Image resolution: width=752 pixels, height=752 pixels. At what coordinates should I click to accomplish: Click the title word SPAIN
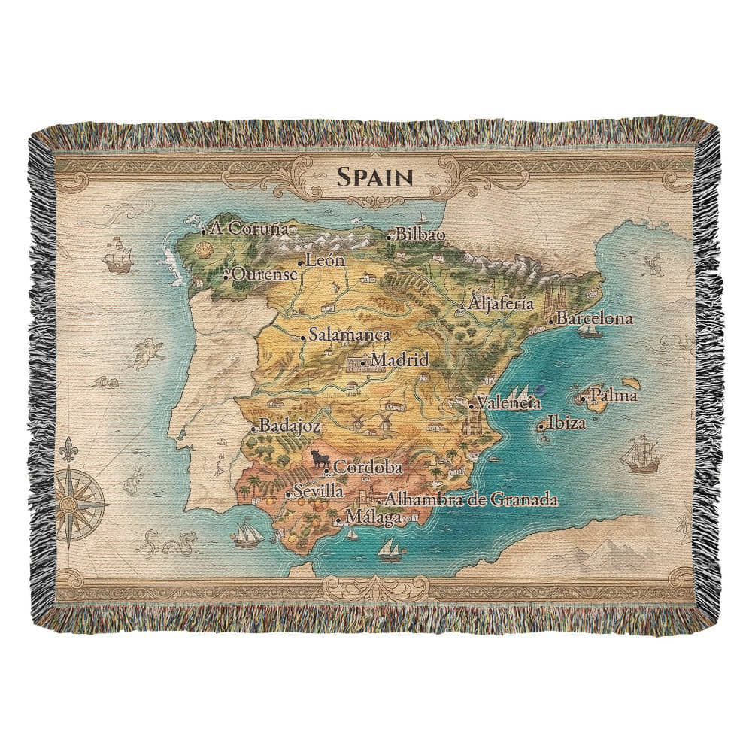pos(374,177)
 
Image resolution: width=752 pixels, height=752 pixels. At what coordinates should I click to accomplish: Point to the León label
pos(326,261)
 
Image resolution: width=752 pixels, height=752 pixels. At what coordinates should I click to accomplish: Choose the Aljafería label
pos(501,305)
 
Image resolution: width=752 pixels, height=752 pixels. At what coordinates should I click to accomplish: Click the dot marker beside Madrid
pos(363,364)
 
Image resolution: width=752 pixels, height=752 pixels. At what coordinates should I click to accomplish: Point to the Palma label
pos(614,395)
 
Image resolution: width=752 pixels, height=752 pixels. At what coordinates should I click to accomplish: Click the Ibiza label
pos(566,423)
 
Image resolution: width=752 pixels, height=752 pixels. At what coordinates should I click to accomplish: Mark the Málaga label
pos(370,517)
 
